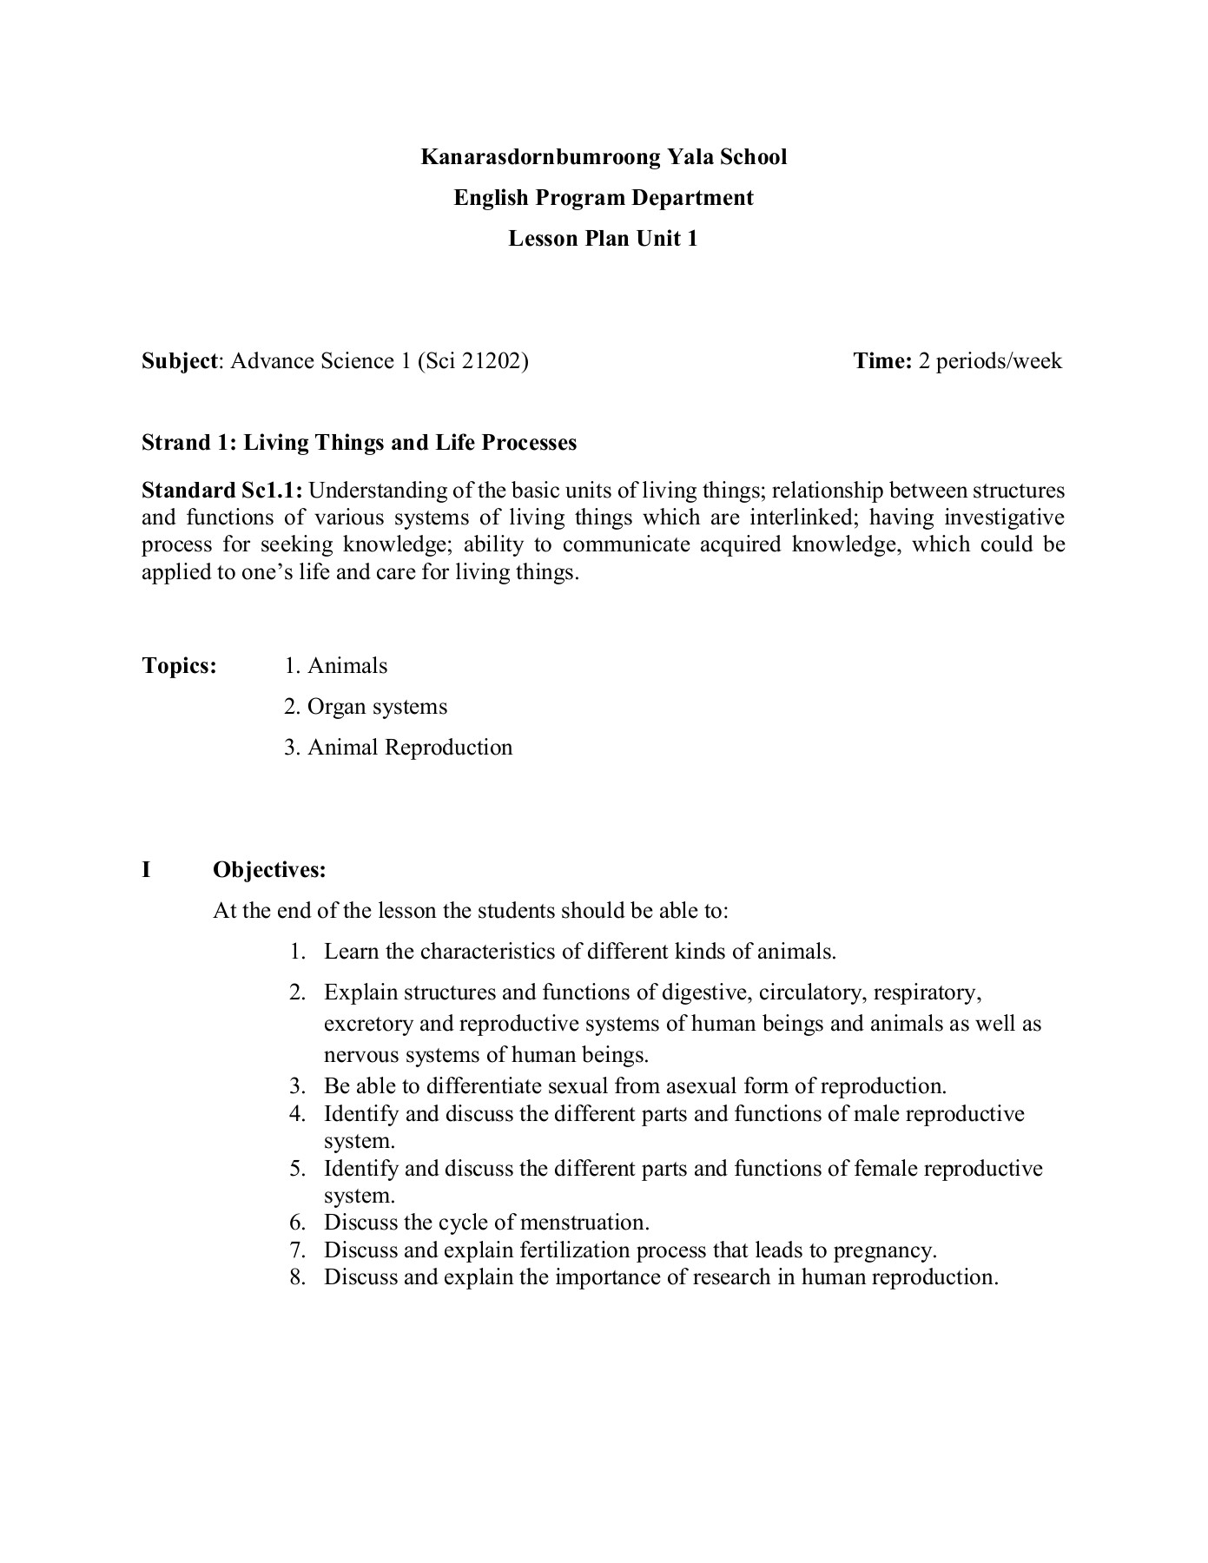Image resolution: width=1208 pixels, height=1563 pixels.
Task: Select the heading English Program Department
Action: [604, 198]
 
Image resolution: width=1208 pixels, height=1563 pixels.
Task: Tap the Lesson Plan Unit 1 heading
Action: [603, 239]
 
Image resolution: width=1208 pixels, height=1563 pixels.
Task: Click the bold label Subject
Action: [180, 361]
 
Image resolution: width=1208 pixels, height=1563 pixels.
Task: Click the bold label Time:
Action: [881, 361]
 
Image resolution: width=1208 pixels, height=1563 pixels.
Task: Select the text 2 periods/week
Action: [990, 361]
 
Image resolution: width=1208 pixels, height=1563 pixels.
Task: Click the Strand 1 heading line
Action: [359, 443]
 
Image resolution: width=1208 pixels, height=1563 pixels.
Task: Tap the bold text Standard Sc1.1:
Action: [222, 491]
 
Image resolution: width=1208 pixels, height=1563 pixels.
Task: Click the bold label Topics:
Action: [179, 666]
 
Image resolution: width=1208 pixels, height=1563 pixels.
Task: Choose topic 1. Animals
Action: [336, 666]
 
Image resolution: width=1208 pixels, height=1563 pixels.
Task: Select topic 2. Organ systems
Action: [366, 707]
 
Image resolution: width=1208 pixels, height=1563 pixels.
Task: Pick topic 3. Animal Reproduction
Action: [398, 748]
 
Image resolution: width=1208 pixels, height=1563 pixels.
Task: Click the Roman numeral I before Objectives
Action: [147, 870]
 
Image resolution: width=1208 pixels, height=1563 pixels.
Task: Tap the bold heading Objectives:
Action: [269, 870]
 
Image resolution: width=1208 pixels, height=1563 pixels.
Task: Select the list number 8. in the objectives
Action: [298, 1278]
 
